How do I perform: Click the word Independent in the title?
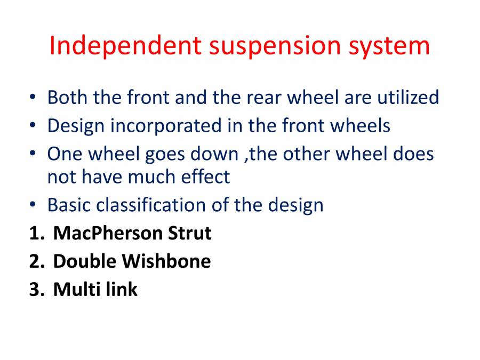(125, 46)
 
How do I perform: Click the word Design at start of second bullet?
(76, 126)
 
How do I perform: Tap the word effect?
(205, 176)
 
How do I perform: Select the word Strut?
(190, 233)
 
